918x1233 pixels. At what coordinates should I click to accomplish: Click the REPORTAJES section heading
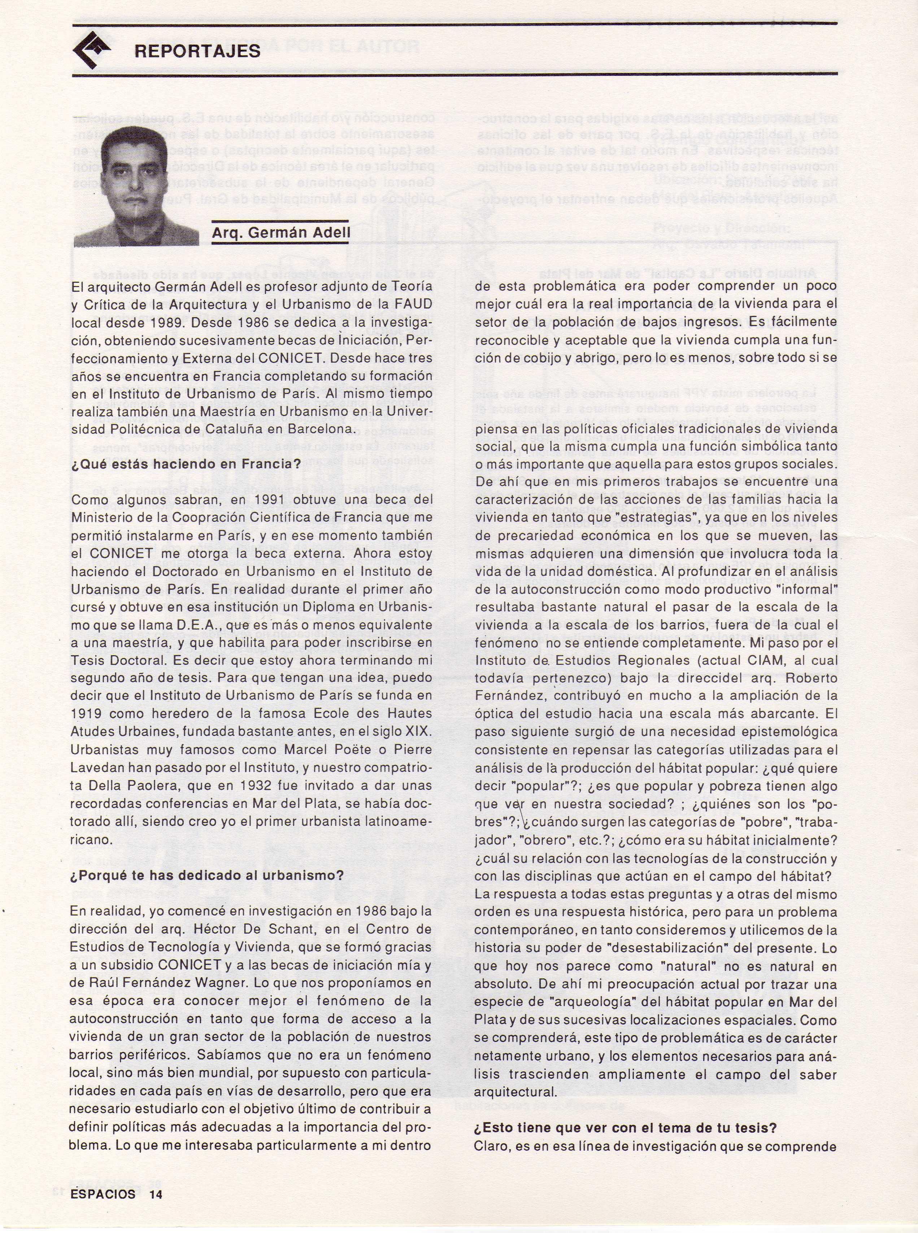coord(197,51)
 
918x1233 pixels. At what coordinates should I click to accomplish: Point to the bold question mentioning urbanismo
coord(207,875)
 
